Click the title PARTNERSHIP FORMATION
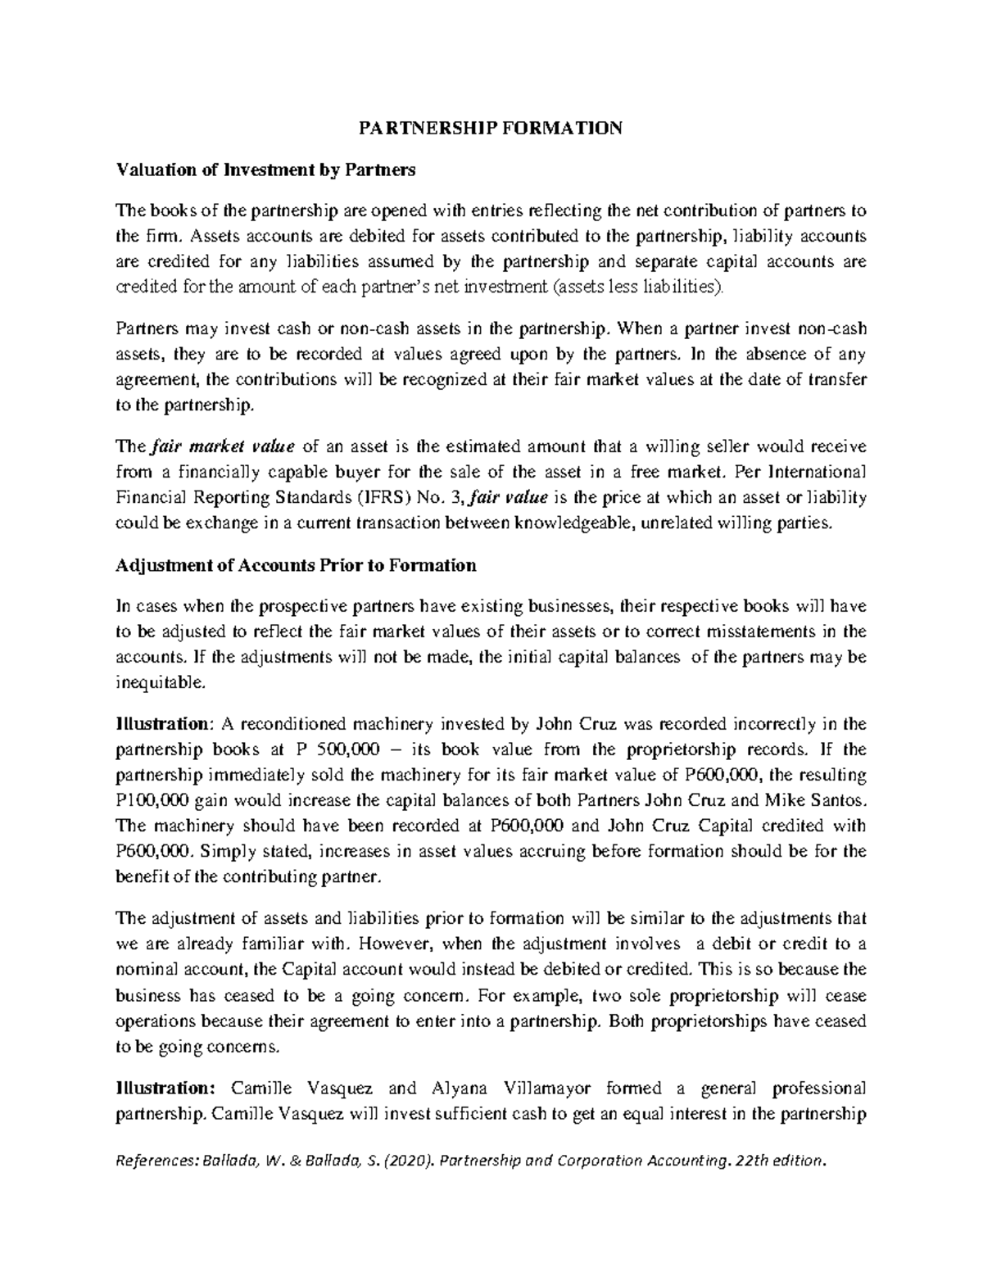click(x=491, y=129)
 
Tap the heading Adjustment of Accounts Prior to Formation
click(x=297, y=565)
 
